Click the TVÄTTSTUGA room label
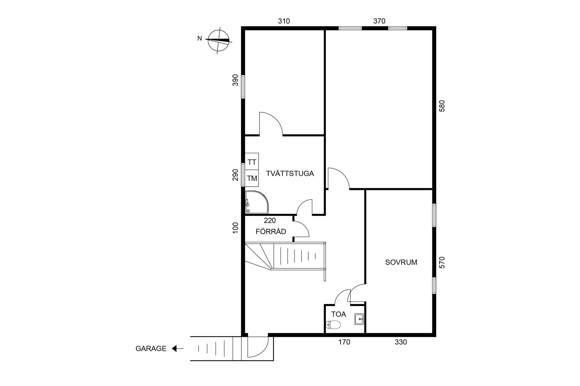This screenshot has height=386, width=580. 290,174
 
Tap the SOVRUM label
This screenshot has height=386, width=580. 401,262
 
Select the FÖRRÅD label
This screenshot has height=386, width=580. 271,232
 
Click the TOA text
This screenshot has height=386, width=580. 339,314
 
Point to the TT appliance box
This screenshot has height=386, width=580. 252,162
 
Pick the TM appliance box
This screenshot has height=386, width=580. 252,178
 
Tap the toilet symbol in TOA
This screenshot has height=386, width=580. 333,325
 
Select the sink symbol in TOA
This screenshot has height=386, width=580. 359,319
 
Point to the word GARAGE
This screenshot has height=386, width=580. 151,349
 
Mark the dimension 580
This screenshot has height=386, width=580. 442,106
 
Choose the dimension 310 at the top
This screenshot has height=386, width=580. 284,21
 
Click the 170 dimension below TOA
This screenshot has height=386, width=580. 344,342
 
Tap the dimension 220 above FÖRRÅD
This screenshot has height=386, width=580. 270,220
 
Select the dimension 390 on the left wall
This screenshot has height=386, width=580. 235,80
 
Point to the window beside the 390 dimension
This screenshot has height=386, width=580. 243,87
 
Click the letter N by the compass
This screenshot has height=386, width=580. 199,39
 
